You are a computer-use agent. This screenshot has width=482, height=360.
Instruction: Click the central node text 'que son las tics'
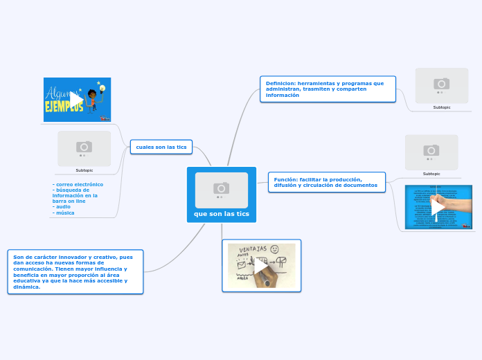222,213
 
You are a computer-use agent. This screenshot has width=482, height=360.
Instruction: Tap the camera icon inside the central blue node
222,188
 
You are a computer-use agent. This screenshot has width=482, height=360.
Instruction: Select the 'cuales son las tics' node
161,147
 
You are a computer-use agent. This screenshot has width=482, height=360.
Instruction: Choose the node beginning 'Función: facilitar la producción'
325,182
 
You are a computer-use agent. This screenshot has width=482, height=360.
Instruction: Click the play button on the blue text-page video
438,206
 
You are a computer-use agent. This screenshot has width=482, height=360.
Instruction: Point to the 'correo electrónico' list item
78,184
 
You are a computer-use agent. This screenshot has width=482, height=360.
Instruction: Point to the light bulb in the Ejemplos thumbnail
100,89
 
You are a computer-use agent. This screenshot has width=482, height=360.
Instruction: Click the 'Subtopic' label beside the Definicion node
442,107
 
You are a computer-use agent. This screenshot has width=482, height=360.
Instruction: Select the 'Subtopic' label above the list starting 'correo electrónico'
84,170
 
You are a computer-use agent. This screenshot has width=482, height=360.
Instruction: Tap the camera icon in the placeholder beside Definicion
442,84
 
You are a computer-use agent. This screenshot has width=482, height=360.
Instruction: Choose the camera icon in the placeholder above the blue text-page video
431,150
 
